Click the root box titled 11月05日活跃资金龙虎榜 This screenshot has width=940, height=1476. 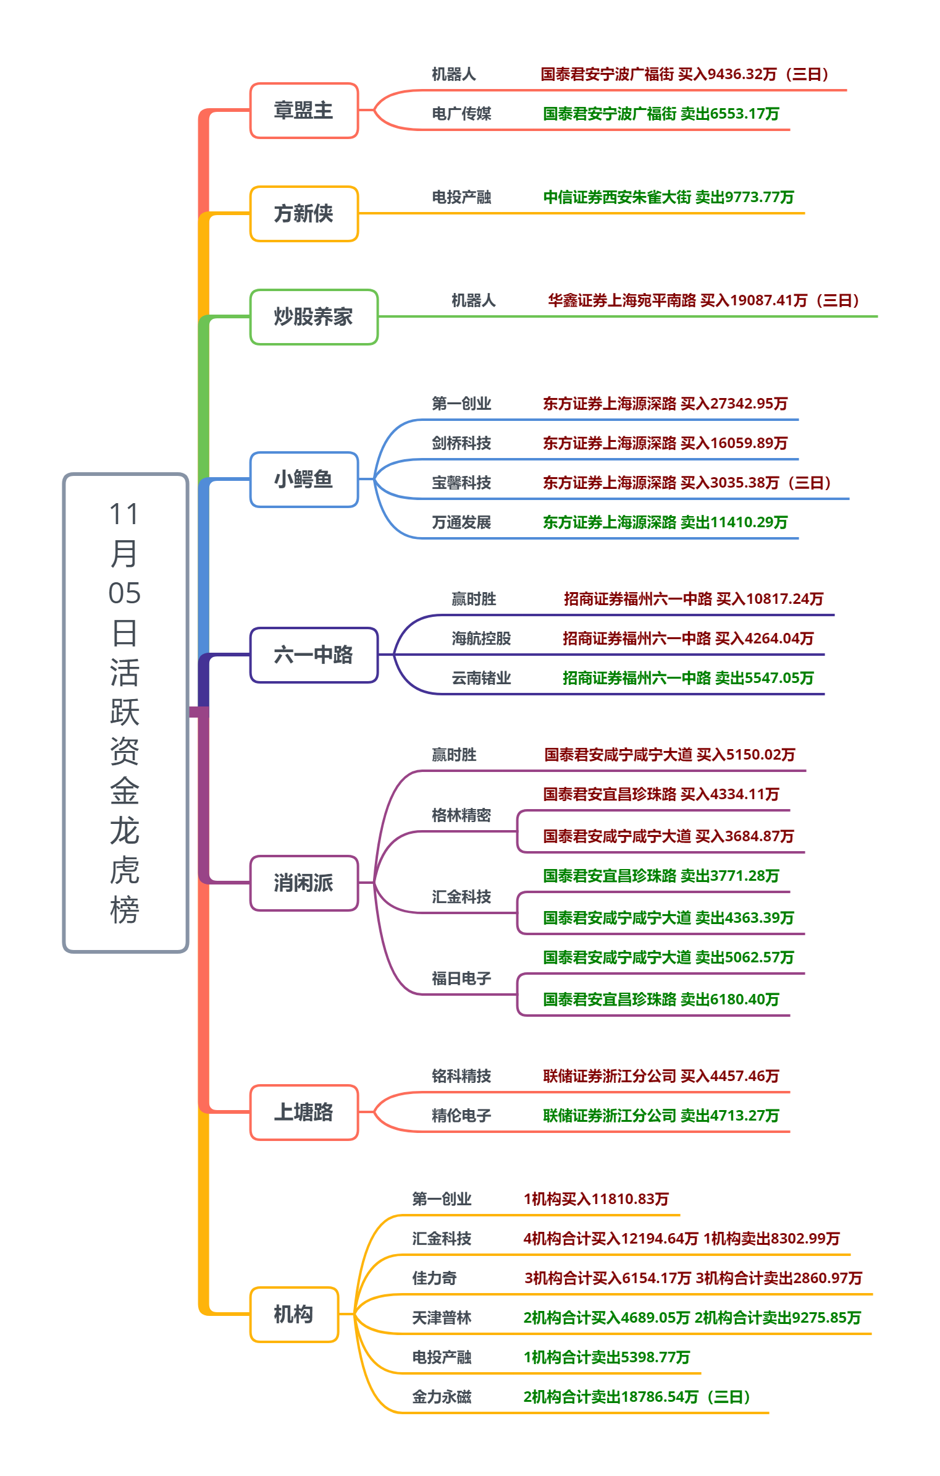[x=125, y=712]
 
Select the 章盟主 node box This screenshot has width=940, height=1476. [x=304, y=111]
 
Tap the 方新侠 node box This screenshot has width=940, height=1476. [x=304, y=213]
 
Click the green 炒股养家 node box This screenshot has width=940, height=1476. [x=314, y=316]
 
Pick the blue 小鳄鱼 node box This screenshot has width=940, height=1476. [x=304, y=479]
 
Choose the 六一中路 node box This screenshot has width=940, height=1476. [x=314, y=655]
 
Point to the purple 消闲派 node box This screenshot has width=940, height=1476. [x=304, y=883]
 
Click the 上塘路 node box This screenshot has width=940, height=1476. [x=304, y=1112]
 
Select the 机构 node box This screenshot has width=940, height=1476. [x=294, y=1314]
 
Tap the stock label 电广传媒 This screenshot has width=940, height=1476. [x=461, y=114]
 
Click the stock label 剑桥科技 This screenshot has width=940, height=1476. [x=461, y=443]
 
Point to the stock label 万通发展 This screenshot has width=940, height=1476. [x=461, y=522]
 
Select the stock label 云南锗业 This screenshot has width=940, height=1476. [x=481, y=678]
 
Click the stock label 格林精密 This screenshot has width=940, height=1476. [x=461, y=815]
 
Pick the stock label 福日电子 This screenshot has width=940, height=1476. [x=461, y=978]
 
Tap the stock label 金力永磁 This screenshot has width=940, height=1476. [x=442, y=1397]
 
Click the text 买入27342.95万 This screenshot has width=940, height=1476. [x=734, y=404]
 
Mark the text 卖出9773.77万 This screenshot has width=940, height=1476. [x=745, y=197]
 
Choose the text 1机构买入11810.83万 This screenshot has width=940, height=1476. [x=596, y=1199]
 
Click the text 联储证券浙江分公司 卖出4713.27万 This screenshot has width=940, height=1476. [x=661, y=1116]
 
